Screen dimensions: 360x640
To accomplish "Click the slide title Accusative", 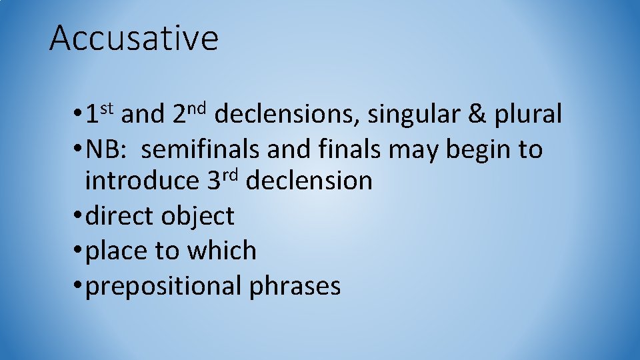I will click(x=134, y=38).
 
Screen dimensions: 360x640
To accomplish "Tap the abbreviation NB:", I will click(x=109, y=149).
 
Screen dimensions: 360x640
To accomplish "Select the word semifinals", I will click(x=201, y=149).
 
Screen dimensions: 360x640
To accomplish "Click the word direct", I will click(x=119, y=216).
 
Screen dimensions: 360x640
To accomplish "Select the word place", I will click(x=117, y=251).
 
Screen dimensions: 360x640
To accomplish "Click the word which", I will click(x=222, y=251).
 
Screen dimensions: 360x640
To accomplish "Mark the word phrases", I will click(x=295, y=287).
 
